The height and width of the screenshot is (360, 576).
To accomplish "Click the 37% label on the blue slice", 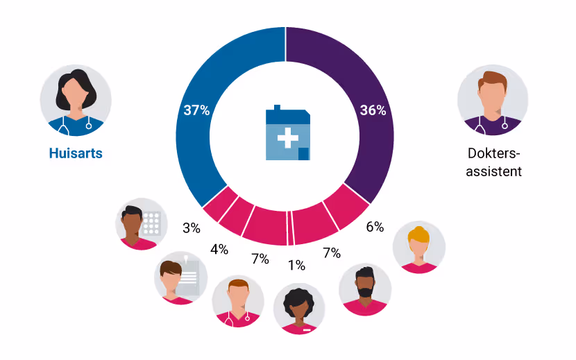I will click(196, 110).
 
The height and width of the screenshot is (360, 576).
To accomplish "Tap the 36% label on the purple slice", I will click(372, 110).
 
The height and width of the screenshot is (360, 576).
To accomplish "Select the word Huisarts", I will click(76, 153).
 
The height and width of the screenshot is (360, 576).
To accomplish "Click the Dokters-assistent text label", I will click(493, 162).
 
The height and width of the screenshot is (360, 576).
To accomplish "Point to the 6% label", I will click(375, 227).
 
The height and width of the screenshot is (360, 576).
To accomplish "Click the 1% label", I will click(296, 265).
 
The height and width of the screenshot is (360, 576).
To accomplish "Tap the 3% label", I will click(192, 228).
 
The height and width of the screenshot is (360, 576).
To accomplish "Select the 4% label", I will click(219, 249).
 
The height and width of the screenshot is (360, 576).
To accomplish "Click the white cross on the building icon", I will click(287, 138).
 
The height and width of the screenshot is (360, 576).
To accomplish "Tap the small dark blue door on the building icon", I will click(303, 153).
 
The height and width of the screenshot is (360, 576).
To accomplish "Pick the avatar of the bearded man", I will click(365, 290).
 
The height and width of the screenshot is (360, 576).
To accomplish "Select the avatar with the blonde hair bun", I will click(419, 247).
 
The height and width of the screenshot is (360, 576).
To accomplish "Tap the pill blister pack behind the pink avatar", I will click(152, 224).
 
